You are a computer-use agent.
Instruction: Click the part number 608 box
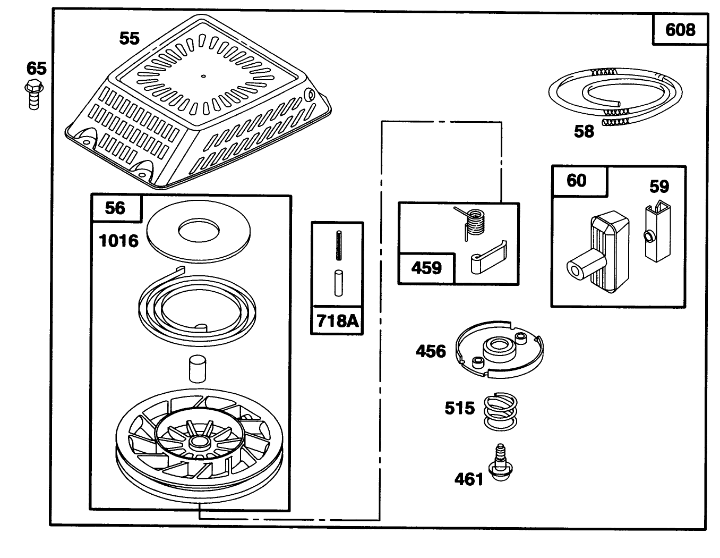click(x=680, y=30)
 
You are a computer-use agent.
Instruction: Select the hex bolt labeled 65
click(x=34, y=95)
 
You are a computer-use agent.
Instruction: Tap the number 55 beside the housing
click(x=129, y=38)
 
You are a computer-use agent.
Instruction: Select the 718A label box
click(x=337, y=320)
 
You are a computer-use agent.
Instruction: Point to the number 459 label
click(x=427, y=267)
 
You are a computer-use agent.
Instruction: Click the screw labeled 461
click(x=498, y=462)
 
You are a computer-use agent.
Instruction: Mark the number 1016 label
click(x=118, y=241)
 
